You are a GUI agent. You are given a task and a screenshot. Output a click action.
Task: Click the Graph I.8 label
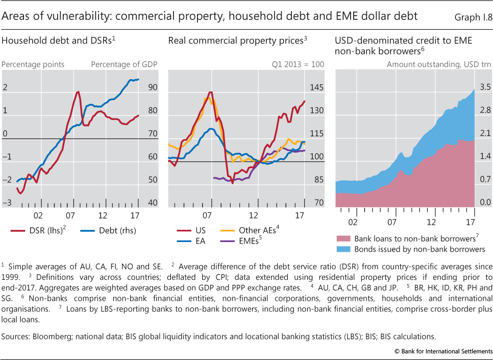[472, 17]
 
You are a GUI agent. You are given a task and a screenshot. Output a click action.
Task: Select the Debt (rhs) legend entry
[109, 231]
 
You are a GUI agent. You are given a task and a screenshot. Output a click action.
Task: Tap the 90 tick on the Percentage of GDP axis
[153, 88]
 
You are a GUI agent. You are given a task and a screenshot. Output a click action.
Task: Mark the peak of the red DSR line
[78, 92]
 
